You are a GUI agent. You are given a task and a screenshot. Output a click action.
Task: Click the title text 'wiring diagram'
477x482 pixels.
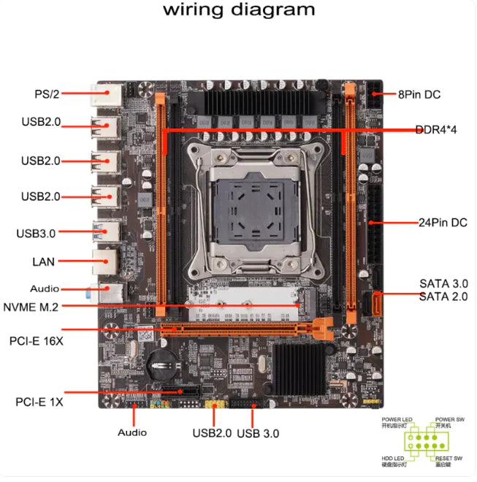pyautogui.click(x=239, y=9)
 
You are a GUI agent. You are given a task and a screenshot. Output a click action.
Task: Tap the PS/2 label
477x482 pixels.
pyautogui.click(x=47, y=93)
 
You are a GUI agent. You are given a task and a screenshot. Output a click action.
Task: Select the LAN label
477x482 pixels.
pyautogui.click(x=43, y=261)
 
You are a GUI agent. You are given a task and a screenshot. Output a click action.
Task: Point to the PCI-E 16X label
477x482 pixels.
pyautogui.click(x=36, y=340)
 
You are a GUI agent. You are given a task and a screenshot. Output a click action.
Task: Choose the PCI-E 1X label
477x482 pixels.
pyautogui.click(x=39, y=402)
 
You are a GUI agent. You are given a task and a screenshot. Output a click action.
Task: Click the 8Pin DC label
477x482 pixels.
pyautogui.click(x=419, y=94)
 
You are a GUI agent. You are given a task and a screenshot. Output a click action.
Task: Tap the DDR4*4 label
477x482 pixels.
pyautogui.click(x=435, y=130)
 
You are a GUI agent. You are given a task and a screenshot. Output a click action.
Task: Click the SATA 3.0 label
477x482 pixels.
pyautogui.click(x=443, y=283)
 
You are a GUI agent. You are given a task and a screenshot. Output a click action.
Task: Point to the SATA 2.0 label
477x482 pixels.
pyautogui.click(x=443, y=296)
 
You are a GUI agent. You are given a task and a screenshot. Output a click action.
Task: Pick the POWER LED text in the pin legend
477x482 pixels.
pyautogui.click(x=397, y=419)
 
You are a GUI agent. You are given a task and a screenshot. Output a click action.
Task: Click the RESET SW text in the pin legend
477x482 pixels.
pyautogui.click(x=450, y=458)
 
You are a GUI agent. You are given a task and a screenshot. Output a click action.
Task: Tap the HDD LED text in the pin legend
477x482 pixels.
pyautogui.click(x=393, y=458)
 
